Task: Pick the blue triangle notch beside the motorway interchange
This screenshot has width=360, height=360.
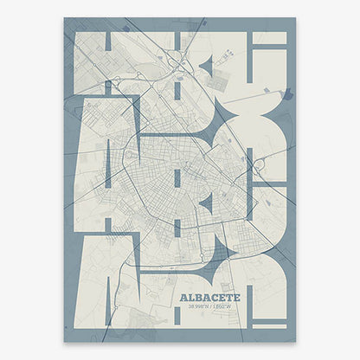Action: [x=205, y=65]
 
